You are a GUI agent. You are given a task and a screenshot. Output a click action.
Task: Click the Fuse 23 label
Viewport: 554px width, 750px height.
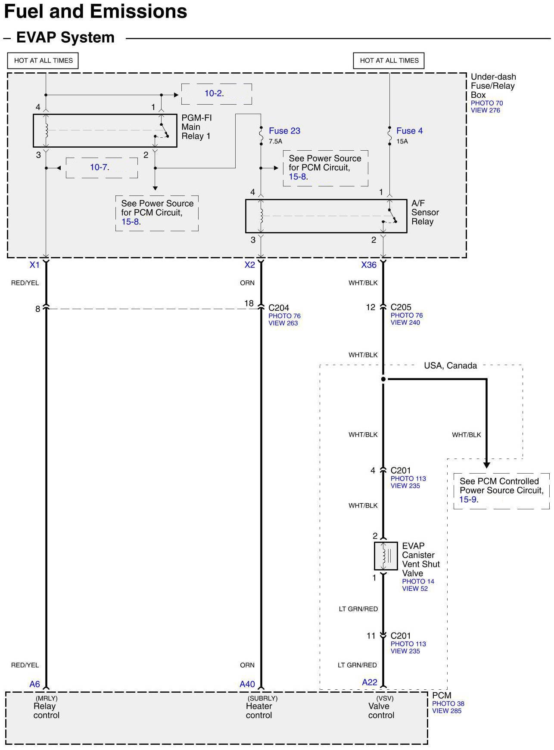click(284, 131)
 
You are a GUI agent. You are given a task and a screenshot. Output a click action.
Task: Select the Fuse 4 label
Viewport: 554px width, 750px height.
click(409, 131)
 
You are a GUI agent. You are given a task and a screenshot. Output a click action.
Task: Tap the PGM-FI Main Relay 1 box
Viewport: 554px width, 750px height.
click(105, 130)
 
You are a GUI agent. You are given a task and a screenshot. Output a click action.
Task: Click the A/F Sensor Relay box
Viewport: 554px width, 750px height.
click(326, 216)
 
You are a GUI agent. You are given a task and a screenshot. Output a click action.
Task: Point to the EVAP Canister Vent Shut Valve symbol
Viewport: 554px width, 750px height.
click(386, 556)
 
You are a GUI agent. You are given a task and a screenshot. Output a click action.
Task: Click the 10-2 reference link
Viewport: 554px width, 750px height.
click(214, 93)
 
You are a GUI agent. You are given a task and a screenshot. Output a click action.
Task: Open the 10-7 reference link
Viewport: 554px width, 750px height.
click(100, 167)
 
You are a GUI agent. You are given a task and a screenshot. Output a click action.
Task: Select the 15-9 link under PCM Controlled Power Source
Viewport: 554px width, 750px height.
click(468, 499)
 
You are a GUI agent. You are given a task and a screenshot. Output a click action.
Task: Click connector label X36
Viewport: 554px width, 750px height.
click(369, 265)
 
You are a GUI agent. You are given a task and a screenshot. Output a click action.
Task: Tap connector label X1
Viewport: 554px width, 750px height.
click(34, 265)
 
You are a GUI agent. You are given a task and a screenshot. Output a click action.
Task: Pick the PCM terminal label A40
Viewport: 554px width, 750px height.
click(247, 684)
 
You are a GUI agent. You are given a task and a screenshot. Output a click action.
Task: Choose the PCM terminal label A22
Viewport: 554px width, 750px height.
click(370, 682)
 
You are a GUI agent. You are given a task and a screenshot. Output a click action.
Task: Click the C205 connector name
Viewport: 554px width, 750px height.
click(401, 307)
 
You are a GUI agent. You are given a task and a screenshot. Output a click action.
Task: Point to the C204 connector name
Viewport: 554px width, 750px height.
click(279, 308)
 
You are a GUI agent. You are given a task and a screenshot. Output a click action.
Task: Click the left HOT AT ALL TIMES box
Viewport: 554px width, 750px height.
click(43, 61)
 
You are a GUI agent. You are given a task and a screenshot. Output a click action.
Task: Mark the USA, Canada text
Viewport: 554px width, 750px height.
click(450, 366)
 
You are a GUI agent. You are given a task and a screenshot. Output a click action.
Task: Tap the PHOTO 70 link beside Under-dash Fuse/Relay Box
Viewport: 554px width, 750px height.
click(486, 103)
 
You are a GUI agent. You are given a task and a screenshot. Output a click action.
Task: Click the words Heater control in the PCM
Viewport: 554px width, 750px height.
click(259, 710)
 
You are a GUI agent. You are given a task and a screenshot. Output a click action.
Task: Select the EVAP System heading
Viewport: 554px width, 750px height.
click(65, 37)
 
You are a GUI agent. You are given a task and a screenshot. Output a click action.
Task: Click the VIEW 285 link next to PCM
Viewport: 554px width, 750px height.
click(446, 711)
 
